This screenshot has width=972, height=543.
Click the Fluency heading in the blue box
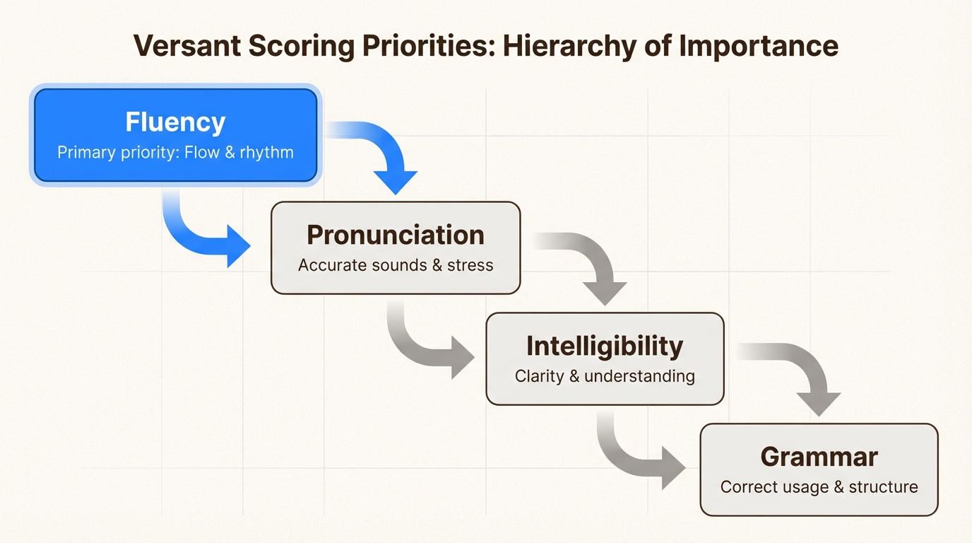coord(175,122)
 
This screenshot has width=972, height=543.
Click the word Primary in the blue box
coord(85,152)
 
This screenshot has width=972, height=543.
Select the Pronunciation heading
coord(396,235)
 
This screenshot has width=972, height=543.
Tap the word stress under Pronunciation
coord(470,265)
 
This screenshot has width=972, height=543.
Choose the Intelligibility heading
coord(605,346)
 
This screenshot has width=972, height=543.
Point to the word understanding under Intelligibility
coord(639,376)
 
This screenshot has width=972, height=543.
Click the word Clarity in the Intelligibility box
coord(539,376)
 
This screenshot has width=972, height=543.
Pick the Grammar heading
coord(819,457)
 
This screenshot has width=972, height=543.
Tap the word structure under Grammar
coord(883,487)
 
